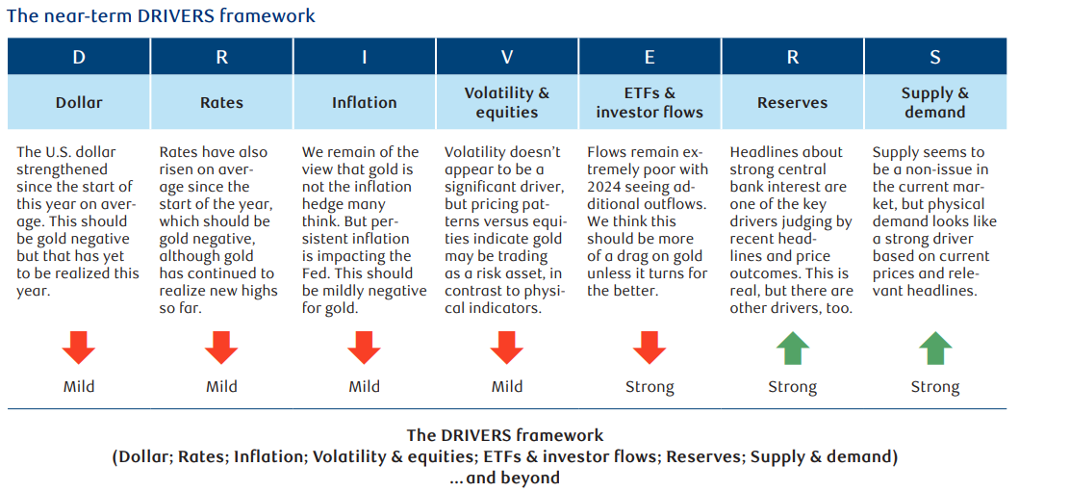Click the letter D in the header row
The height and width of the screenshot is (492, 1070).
pos(79,57)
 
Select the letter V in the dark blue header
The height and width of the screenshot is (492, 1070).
pos(507,57)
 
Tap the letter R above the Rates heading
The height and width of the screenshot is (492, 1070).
pos(221,57)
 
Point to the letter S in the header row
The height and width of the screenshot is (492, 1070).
pos(934,57)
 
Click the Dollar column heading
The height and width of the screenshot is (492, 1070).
pos(79,102)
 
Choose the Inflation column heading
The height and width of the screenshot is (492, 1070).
pos(364,102)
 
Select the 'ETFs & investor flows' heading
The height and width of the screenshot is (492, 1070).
pos(650,102)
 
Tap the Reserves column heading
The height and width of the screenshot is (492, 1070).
pos(792,102)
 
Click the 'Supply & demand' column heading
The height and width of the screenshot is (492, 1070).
pos(934,102)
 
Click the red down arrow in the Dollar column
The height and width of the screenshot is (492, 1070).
pos(79,347)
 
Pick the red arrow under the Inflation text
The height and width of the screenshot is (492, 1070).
pos(364,347)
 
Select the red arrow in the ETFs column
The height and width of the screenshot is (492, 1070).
pos(650,347)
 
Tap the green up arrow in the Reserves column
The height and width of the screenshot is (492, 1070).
pos(792,347)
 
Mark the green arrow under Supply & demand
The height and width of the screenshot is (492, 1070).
pos(934,347)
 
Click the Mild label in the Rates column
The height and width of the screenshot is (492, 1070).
pos(221,387)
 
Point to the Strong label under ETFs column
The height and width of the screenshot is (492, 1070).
pos(650,387)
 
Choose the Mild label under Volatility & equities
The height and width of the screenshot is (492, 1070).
pos(507,387)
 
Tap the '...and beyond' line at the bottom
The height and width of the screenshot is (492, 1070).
pos(504,477)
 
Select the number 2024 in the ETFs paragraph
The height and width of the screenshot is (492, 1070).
pos(607,187)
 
